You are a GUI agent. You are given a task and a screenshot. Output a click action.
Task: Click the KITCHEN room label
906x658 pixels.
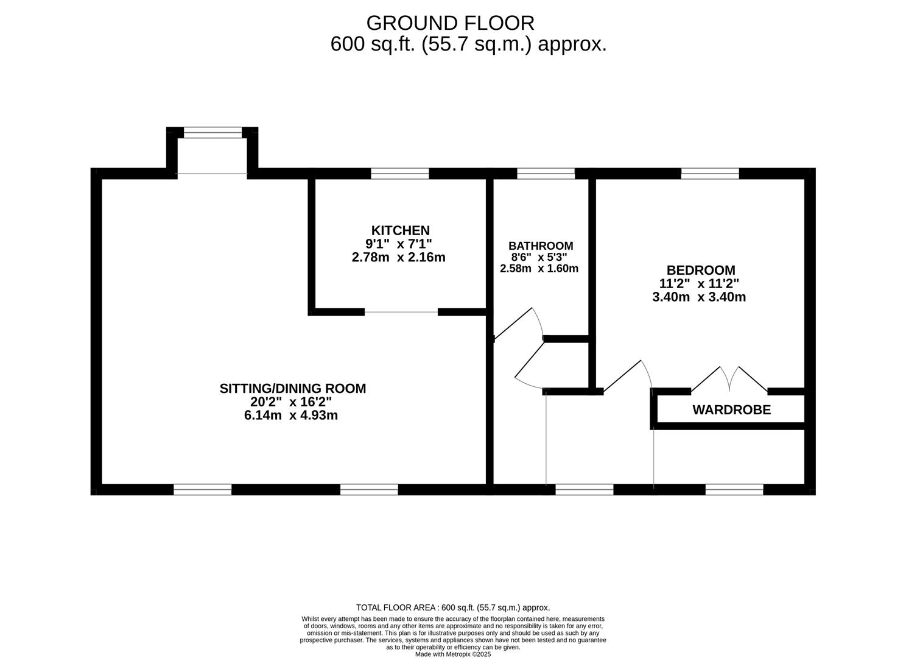[400, 230]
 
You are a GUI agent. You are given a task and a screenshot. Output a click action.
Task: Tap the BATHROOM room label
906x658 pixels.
[541, 246]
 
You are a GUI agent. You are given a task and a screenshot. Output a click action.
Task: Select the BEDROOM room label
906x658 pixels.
[701, 270]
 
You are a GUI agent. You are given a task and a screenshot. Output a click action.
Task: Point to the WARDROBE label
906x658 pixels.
[731, 410]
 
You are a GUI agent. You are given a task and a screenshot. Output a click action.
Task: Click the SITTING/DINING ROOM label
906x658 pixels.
[293, 388]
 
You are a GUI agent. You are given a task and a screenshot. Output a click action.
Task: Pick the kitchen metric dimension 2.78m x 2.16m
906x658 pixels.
[399, 257]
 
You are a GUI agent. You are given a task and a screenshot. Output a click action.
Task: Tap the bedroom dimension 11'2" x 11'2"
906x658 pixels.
[699, 283]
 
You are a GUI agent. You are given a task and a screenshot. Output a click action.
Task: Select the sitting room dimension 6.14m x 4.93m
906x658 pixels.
[291, 416]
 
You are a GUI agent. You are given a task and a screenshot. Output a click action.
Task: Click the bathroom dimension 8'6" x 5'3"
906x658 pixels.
[539, 257]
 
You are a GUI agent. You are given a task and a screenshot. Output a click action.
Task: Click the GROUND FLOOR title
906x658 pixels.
[450, 23]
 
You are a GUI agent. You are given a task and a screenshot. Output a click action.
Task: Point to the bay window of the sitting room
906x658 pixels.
[212, 133]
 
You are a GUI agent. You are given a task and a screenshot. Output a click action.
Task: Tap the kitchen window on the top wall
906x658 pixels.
[400, 174]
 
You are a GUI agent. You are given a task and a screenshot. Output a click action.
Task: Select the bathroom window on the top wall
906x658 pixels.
[546, 174]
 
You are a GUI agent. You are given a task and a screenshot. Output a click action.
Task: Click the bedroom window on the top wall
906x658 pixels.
[710, 174]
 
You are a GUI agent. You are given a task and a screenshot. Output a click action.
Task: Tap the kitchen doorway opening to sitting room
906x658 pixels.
[401, 312]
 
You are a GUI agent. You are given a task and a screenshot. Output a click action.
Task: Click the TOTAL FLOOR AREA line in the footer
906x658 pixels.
[452, 607]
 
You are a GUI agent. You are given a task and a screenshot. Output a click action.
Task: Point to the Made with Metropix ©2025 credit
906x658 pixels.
[452, 654]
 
